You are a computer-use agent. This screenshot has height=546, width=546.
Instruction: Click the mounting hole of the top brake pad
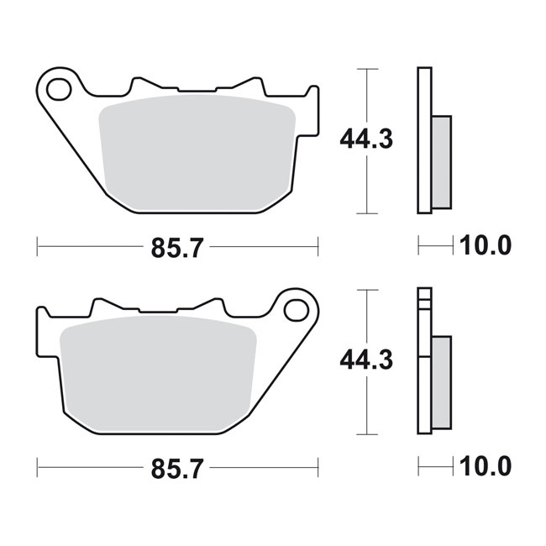tap(59, 87)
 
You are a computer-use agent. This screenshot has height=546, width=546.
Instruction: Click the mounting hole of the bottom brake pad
tap(295, 309)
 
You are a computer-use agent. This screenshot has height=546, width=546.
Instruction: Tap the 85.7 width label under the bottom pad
tap(176, 469)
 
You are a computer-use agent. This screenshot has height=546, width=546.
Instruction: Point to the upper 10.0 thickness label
tap(484, 245)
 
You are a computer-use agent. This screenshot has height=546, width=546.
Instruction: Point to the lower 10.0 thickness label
tap(484, 468)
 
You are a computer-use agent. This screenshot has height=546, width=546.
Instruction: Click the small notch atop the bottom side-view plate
tap(424, 293)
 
